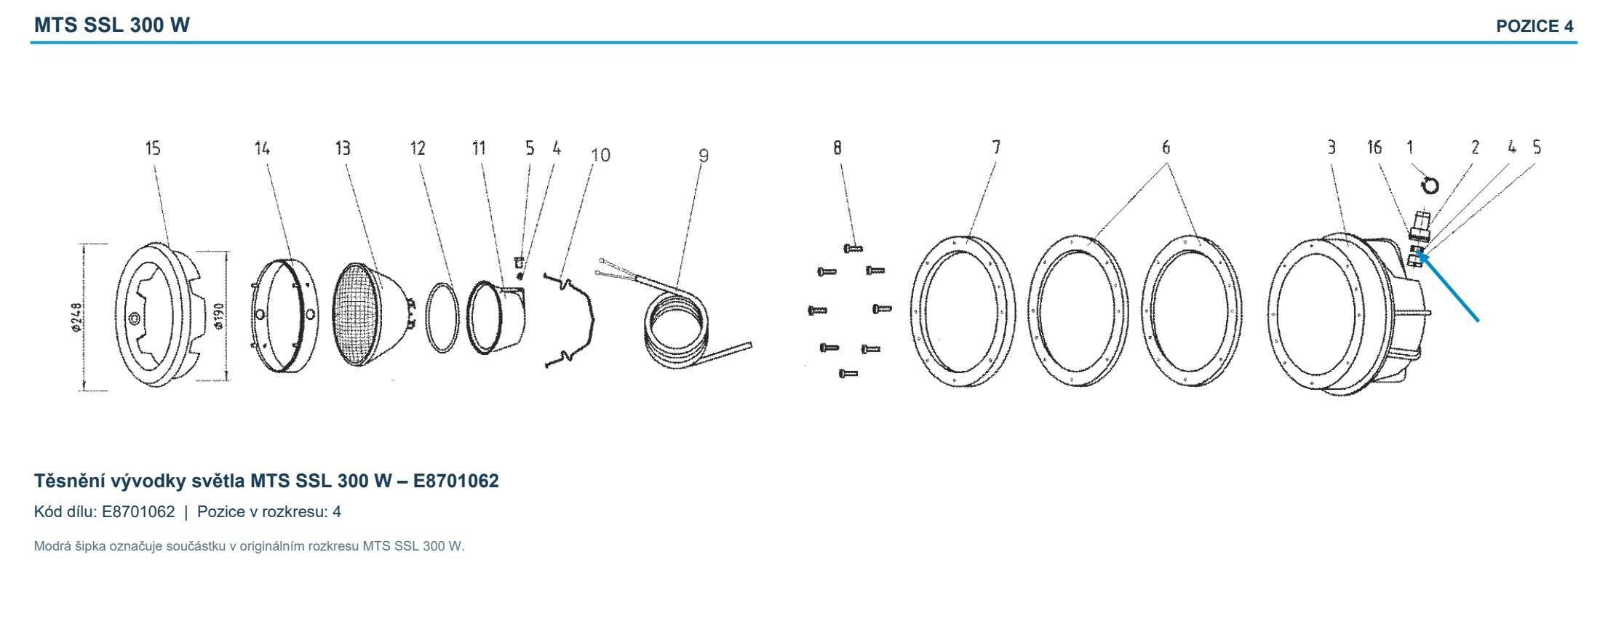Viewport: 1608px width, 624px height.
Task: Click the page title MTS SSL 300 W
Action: pyautogui.click(x=112, y=25)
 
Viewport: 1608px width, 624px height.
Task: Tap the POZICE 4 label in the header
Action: pyautogui.click(x=1535, y=26)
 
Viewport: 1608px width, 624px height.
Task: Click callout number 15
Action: pyautogui.click(x=153, y=148)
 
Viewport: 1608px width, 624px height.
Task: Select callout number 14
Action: pyautogui.click(x=262, y=148)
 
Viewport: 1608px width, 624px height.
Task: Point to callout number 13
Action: pyautogui.click(x=343, y=148)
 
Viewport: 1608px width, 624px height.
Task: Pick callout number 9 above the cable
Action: pyautogui.click(x=703, y=155)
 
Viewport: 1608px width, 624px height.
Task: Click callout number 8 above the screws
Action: pyautogui.click(x=837, y=148)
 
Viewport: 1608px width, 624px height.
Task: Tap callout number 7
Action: pyautogui.click(x=996, y=148)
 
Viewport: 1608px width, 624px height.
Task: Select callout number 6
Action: pyautogui.click(x=1166, y=148)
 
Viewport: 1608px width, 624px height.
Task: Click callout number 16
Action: pyautogui.click(x=1374, y=148)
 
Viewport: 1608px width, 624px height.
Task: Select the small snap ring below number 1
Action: pyautogui.click(x=1429, y=185)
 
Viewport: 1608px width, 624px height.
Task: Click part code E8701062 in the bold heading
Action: pyautogui.click(x=456, y=481)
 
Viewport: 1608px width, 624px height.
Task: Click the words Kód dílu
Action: pyautogui.click(x=65, y=512)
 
